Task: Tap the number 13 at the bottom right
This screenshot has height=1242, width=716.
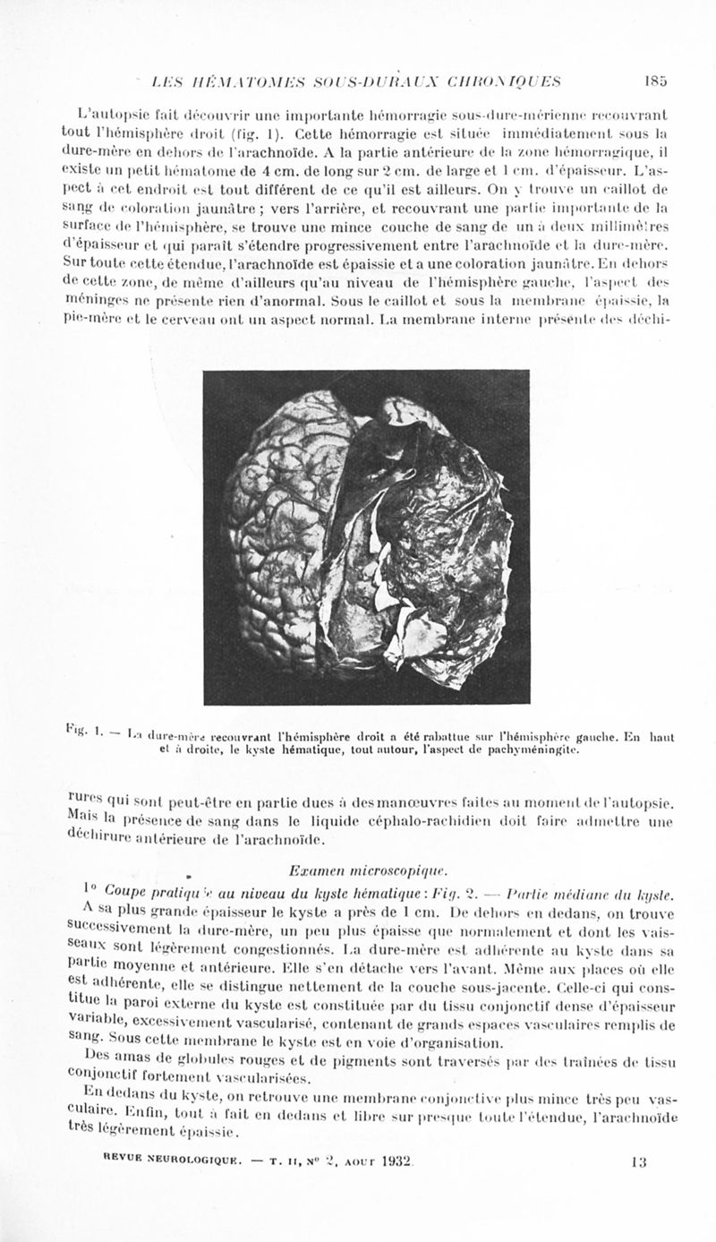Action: coord(638,1161)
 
